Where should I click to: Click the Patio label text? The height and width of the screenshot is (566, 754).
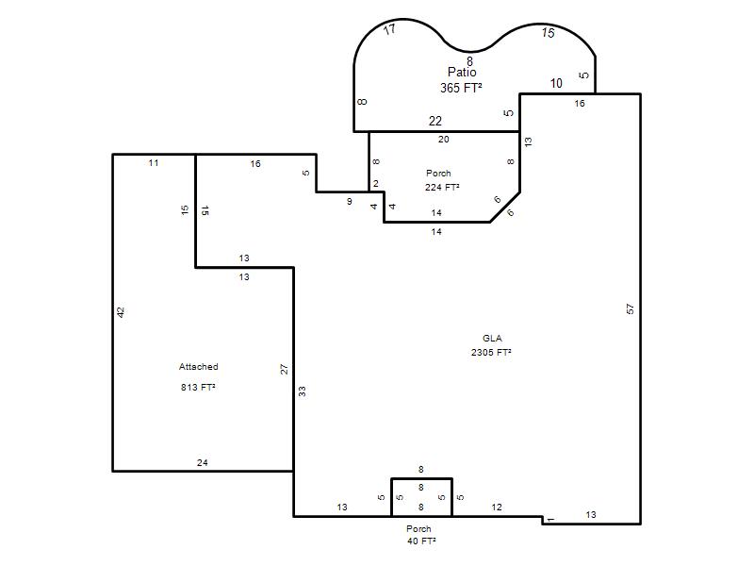(462, 73)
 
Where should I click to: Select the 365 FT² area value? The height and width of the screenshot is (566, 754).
(461, 88)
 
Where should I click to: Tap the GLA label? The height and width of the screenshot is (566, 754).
(492, 339)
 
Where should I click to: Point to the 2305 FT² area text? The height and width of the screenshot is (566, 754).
(491, 352)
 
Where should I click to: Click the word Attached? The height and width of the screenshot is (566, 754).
(199, 367)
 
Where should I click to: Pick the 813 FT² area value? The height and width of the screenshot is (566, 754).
(198, 387)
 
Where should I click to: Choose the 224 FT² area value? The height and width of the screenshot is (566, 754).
(442, 187)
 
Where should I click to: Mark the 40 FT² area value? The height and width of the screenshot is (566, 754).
(421, 541)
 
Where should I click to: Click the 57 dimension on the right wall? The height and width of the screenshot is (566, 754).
(631, 309)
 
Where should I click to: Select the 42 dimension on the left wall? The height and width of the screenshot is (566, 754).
(122, 312)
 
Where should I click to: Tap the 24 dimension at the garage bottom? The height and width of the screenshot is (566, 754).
(203, 462)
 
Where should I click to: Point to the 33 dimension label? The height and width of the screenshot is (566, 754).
(302, 391)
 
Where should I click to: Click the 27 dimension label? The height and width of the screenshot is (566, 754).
(285, 369)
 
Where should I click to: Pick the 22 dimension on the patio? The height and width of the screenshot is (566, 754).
(435, 121)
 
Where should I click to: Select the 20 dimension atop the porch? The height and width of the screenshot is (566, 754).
(443, 139)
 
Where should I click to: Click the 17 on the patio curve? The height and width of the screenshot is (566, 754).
(389, 29)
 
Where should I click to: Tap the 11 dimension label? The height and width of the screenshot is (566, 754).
(154, 162)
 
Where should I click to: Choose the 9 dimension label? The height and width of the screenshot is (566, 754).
(350, 201)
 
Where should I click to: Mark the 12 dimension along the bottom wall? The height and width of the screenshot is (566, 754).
(497, 507)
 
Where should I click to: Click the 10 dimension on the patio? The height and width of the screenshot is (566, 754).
(556, 83)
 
